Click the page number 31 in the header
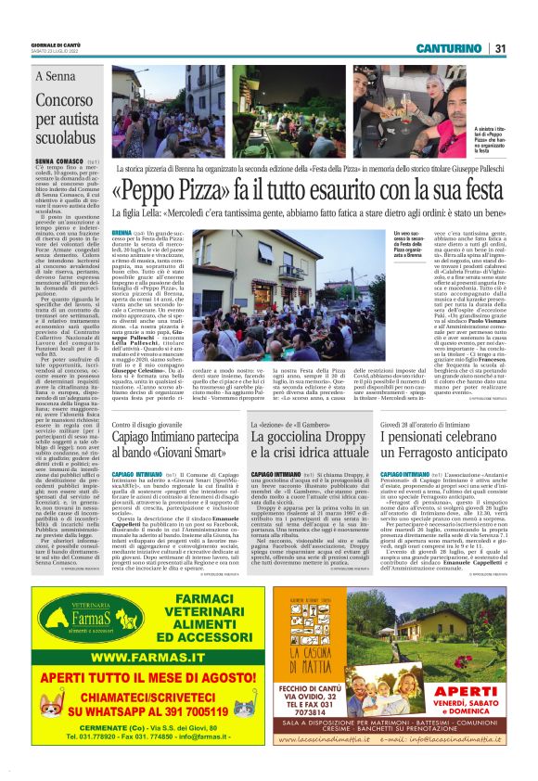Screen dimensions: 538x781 [500, 48]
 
